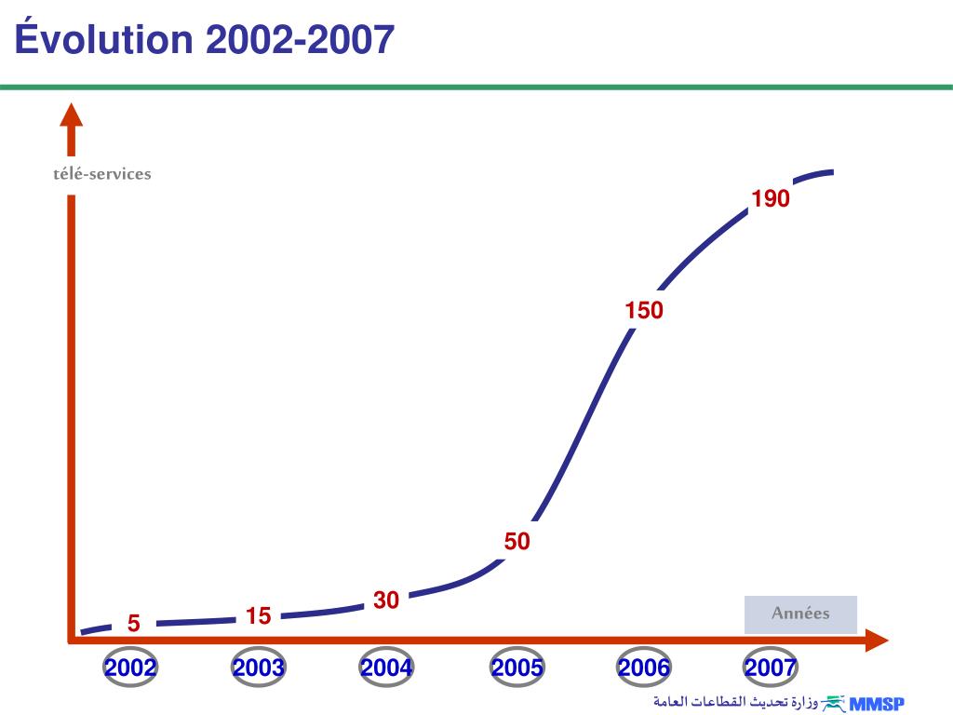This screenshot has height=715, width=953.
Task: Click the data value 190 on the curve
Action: point(771,198)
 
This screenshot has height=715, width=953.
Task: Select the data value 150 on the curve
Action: point(644,311)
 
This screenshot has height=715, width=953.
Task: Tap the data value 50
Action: point(517,541)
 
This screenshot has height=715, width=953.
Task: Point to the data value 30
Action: point(386,600)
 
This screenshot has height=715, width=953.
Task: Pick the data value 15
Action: point(259,615)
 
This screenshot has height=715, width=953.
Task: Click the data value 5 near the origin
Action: point(134,624)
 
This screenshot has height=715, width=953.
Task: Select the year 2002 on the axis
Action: point(130,668)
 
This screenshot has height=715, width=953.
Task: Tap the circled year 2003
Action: point(259,668)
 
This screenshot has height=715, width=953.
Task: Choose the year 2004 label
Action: point(387,668)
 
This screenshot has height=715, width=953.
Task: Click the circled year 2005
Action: point(517,668)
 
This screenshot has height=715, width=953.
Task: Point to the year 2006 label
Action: point(644,668)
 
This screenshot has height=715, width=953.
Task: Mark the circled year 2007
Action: point(771,668)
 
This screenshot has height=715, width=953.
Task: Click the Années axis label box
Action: point(800,614)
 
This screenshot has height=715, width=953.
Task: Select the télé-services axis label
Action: point(102,174)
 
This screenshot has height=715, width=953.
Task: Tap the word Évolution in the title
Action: point(103,40)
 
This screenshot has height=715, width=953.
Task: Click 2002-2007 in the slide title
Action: point(300,40)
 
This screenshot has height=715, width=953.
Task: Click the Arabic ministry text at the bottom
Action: point(735,701)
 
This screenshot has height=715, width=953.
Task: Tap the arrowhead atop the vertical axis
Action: point(72,115)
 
